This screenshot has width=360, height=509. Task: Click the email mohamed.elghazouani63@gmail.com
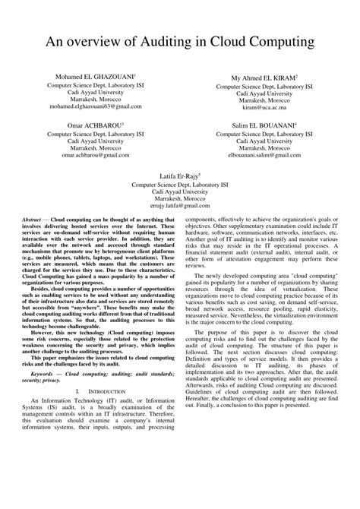tap(96, 107)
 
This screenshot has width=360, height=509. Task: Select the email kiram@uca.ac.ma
tap(264, 107)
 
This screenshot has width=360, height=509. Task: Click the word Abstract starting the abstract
tap(36, 217)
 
